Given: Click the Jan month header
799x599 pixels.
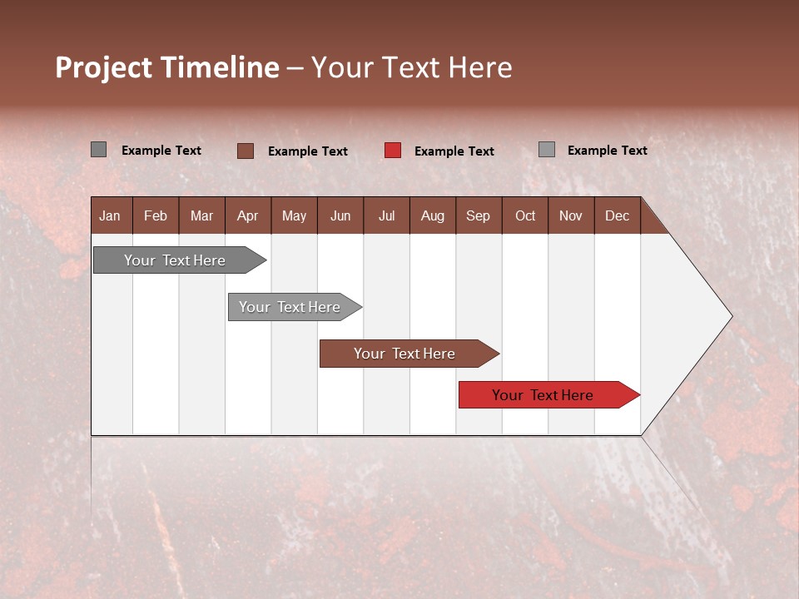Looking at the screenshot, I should (110, 216).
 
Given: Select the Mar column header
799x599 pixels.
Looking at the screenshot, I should (201, 216).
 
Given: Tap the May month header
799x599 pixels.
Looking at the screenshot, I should (294, 216).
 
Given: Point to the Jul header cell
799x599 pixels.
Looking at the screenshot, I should (386, 216).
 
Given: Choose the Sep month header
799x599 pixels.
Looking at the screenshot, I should (478, 216).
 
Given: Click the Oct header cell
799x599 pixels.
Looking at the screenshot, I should (525, 216).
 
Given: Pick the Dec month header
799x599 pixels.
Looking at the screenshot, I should (617, 216).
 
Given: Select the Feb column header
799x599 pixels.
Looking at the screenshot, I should (156, 216).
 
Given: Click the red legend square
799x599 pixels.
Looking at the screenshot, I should (393, 151).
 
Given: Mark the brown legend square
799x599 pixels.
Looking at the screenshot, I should (246, 151).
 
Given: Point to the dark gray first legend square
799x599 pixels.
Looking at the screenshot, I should (98, 150).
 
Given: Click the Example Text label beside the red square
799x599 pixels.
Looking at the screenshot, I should (454, 151).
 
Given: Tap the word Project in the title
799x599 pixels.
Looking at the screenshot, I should (104, 67).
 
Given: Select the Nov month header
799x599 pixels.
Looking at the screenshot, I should (571, 216).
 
